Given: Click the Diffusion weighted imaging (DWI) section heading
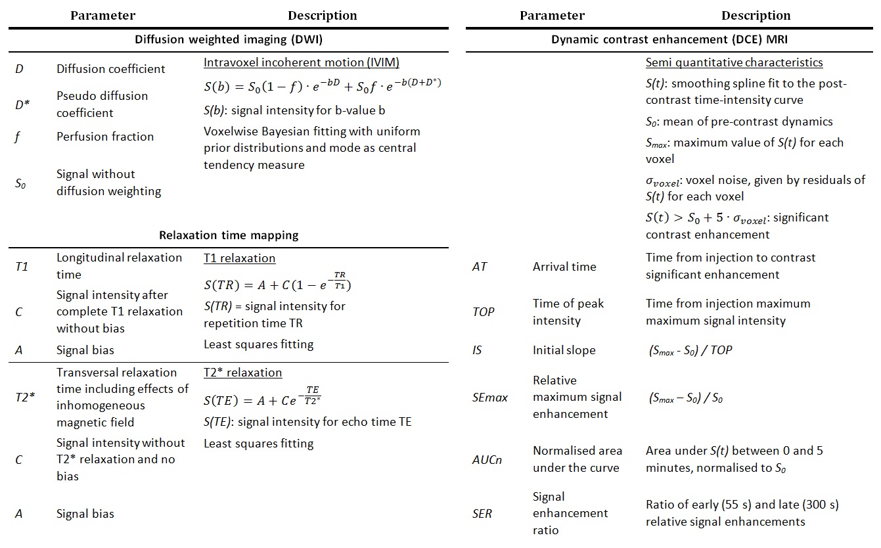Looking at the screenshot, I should click(x=228, y=39).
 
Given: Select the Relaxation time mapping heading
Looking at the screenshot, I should click(x=228, y=235).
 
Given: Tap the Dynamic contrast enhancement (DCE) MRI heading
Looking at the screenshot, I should click(x=669, y=39).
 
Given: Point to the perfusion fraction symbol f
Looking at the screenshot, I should click(x=19, y=137).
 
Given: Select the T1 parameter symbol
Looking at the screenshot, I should click(x=22, y=266).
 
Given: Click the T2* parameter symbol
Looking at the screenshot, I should click(x=24, y=398).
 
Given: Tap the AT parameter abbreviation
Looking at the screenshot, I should click(x=480, y=267).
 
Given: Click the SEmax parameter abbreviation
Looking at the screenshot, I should click(x=490, y=398).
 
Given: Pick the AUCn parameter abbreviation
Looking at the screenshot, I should click(x=487, y=459).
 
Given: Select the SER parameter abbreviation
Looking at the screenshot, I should click(x=482, y=513).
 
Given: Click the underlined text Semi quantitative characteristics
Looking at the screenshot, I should click(x=734, y=63).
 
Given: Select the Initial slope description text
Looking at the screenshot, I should click(x=564, y=350).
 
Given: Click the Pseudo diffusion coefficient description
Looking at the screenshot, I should click(x=102, y=104).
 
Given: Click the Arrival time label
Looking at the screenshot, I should click(x=564, y=267).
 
